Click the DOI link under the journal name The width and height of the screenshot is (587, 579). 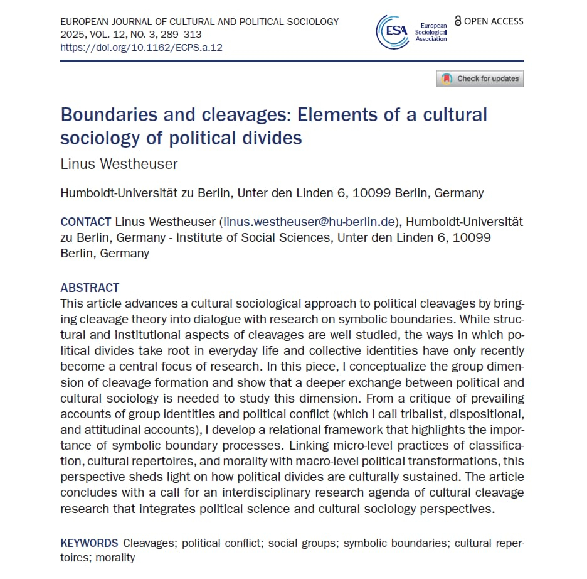[x=141, y=47]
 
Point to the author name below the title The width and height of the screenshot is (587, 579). [x=119, y=164]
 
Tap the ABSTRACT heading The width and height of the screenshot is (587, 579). [x=90, y=288]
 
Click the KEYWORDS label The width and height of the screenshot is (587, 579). [x=89, y=543]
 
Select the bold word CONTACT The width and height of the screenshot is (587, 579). [x=86, y=222]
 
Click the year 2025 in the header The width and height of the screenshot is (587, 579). [x=73, y=35]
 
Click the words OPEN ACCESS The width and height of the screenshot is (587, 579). [x=494, y=21]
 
